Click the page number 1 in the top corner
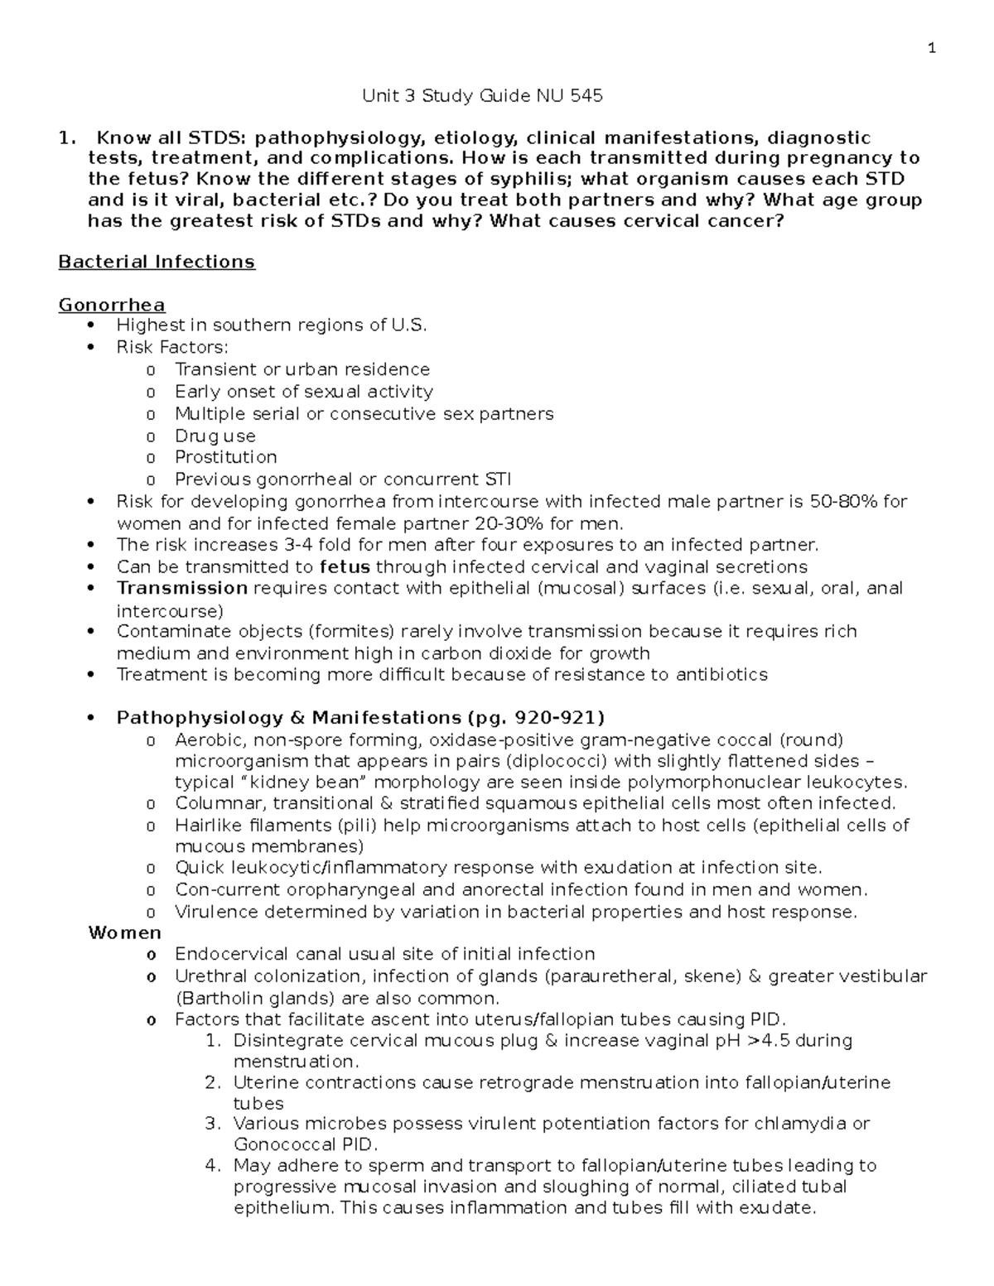[932, 48]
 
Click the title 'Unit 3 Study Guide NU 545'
[482, 96]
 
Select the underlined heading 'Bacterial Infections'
[157, 262]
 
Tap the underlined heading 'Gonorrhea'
[112, 305]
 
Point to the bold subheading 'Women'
[124, 932]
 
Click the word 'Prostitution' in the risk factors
[225, 457]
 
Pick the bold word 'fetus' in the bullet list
[345, 567]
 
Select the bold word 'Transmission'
[182, 588]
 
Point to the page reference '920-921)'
[560, 717]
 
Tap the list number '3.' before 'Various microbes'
[213, 1124]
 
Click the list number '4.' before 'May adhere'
[213, 1166]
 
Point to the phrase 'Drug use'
[215, 436]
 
